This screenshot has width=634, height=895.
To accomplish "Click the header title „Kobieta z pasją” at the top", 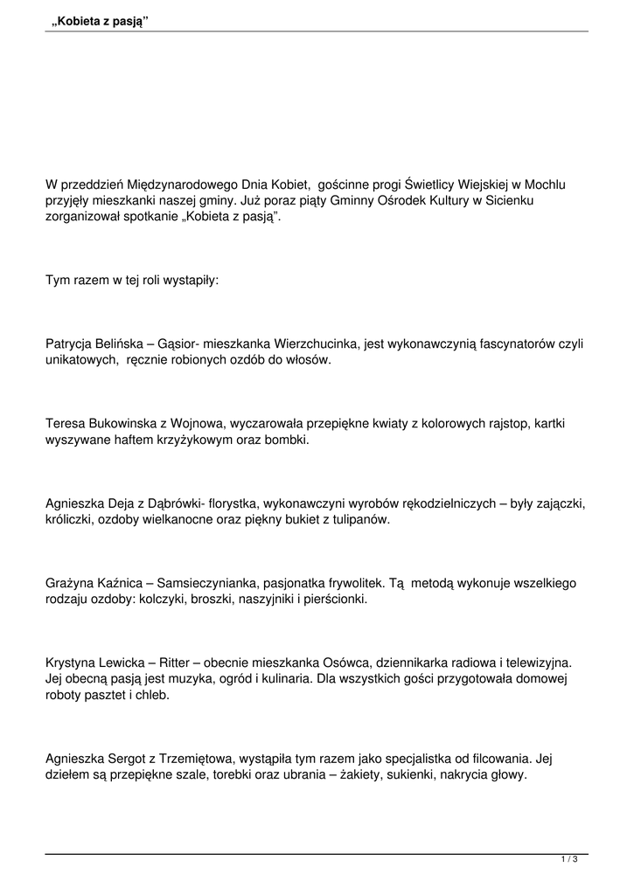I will point(100,20).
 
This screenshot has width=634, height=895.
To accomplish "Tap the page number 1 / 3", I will point(569,860).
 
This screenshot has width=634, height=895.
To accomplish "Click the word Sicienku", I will point(509,201).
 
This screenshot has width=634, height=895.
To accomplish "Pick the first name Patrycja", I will point(73,343).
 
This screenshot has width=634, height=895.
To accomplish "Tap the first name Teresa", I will point(65,424).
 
